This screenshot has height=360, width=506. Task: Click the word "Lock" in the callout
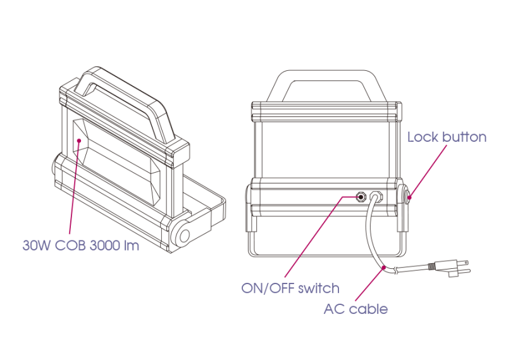click(423, 137)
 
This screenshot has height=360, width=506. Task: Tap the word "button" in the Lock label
click(464, 137)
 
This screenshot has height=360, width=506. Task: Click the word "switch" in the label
click(319, 289)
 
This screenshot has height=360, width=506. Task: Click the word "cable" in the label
click(368, 309)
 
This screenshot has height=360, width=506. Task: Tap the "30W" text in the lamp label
click(37, 245)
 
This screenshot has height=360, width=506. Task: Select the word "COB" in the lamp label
click(70, 245)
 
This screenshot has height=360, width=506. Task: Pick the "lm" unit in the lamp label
click(132, 245)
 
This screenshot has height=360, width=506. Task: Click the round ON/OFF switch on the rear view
click(361, 197)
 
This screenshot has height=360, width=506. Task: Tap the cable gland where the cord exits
click(376, 197)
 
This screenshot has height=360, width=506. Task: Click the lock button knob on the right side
click(407, 197)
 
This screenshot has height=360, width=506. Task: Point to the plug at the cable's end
click(454, 268)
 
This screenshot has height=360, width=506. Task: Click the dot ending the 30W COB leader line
click(78, 140)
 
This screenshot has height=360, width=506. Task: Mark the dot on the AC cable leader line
click(384, 268)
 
